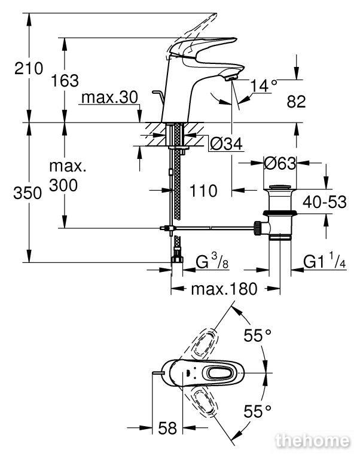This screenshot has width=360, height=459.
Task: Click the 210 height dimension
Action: (x=29, y=69)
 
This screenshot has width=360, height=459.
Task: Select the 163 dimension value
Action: (x=65, y=81)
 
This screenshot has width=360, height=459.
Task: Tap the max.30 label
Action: (x=109, y=97)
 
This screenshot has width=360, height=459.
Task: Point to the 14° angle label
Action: (x=264, y=85)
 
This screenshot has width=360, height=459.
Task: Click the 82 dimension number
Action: (x=296, y=102)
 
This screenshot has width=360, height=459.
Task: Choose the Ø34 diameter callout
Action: (x=227, y=143)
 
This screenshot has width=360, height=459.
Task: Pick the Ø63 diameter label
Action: (x=280, y=163)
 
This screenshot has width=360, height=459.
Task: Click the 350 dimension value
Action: (x=28, y=193)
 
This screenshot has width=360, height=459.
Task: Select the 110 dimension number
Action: (x=203, y=191)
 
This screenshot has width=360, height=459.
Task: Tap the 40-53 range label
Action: (x=325, y=202)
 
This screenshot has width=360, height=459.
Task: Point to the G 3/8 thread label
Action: (x=212, y=261)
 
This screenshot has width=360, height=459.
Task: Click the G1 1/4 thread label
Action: (x=325, y=261)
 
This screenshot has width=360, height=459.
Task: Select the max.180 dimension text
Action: (x=224, y=289)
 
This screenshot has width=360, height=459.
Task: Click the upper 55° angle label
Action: (x=258, y=335)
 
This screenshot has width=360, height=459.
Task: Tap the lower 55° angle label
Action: (x=258, y=411)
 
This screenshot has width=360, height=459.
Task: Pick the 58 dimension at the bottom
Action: (x=167, y=429)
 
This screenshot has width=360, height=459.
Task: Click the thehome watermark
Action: (x=313, y=441)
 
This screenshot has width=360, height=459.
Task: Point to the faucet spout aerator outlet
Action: (x=230, y=78)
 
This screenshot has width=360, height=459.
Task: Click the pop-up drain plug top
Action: (x=280, y=187)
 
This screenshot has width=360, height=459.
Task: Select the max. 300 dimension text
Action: (x=68, y=176)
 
